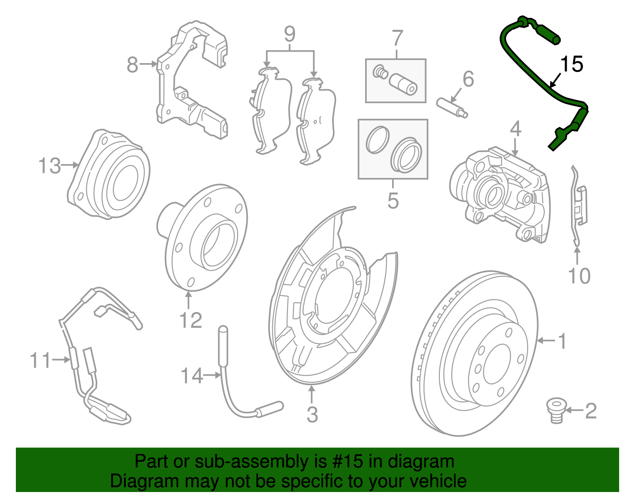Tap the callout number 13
(50, 166)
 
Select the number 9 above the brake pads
(290, 35)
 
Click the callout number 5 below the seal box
(393, 201)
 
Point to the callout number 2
(591, 411)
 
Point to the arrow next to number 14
(213, 374)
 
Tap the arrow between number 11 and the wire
(61, 360)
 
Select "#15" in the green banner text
(345, 461)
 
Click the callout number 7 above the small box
(397, 39)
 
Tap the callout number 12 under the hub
(190, 320)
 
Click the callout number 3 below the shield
(312, 415)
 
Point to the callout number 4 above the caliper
(515, 129)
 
